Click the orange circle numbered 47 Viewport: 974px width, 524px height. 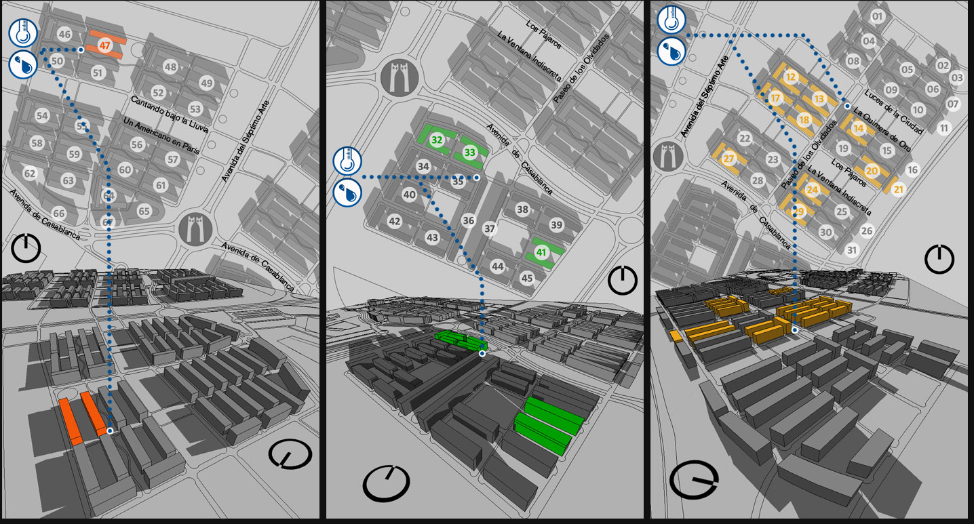pos(104,46)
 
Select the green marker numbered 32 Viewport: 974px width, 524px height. pos(437,140)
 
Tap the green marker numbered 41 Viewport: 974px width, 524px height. pos(541,252)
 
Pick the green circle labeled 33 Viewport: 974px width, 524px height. pos(470,153)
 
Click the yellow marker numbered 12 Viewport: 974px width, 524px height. pos(790,77)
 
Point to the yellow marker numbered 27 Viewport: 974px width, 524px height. pos(729,159)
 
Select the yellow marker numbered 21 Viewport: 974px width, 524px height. pos(899,189)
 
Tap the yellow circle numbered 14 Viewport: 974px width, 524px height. pos(859,128)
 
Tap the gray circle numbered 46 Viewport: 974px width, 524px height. pos(64,35)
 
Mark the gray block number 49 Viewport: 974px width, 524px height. pos(206,83)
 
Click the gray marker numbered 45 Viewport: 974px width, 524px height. pos(527,278)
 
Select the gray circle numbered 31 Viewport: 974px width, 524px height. pos(852,250)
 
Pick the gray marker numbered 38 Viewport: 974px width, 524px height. pos(522,209)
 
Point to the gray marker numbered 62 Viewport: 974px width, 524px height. pos(30,174)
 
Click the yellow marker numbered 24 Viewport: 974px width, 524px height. pos(813,190)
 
